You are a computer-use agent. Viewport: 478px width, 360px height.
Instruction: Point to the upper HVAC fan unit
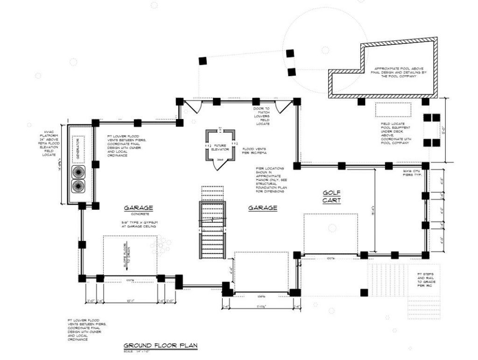[x=78, y=171]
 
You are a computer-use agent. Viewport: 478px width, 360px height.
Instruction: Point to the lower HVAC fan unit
[x=78, y=187]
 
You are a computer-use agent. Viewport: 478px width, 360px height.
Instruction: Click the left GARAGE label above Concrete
[x=138, y=208]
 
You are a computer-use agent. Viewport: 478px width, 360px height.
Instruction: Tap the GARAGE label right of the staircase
[x=263, y=208]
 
